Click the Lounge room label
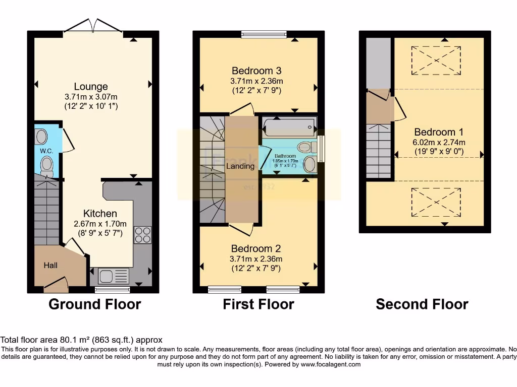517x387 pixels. coord(91,86)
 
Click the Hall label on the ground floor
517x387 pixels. coord(50,265)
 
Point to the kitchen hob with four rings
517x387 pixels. coord(142,235)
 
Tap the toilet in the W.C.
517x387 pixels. coord(47,165)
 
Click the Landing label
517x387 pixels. coord(240,166)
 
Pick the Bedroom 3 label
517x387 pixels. coord(256,71)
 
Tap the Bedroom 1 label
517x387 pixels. coord(435,132)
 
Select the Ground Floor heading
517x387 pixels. coord(94,304)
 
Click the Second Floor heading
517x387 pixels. coord(422,304)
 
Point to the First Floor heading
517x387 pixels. coord(258,304)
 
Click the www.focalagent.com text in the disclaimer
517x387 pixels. coord(330,364)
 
